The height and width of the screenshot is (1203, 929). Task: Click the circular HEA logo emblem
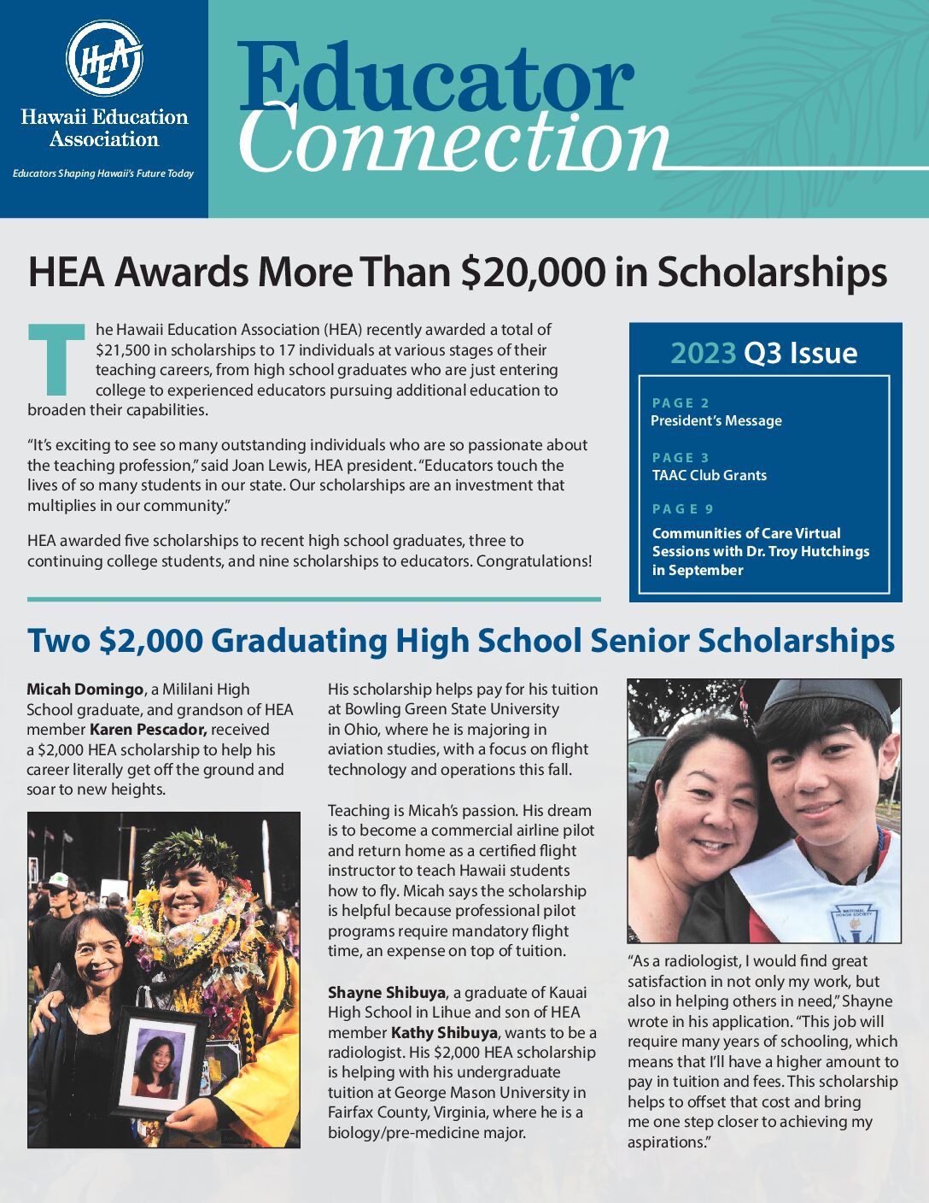(x=104, y=59)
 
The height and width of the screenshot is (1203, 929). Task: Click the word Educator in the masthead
(x=435, y=79)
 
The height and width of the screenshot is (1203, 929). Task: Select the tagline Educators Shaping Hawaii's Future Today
(x=103, y=173)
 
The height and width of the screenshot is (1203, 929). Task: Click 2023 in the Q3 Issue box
(x=703, y=353)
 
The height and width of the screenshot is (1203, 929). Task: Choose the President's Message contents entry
(x=716, y=420)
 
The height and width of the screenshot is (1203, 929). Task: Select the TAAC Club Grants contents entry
(x=709, y=475)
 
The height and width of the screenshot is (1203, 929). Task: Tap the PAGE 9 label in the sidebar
(x=682, y=509)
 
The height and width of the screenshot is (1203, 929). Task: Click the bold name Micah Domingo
(x=85, y=690)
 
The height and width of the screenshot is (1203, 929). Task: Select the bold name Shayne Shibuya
(x=387, y=993)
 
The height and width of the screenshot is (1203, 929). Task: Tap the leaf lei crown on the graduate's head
(x=190, y=850)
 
